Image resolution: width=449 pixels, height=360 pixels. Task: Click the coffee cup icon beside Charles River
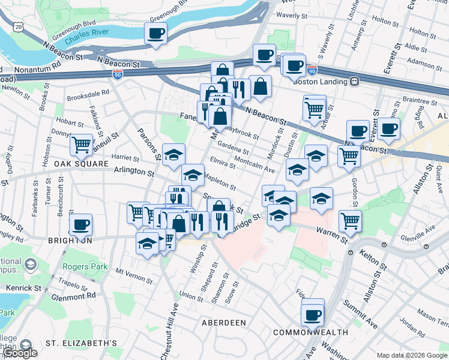156,33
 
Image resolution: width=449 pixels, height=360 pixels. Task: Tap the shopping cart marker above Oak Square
81,145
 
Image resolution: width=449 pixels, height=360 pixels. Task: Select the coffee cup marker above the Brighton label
80,225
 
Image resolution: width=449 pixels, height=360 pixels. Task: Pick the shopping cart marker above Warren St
350,220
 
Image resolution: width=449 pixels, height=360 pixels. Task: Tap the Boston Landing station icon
355,82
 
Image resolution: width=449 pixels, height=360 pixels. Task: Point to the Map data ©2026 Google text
411,355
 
